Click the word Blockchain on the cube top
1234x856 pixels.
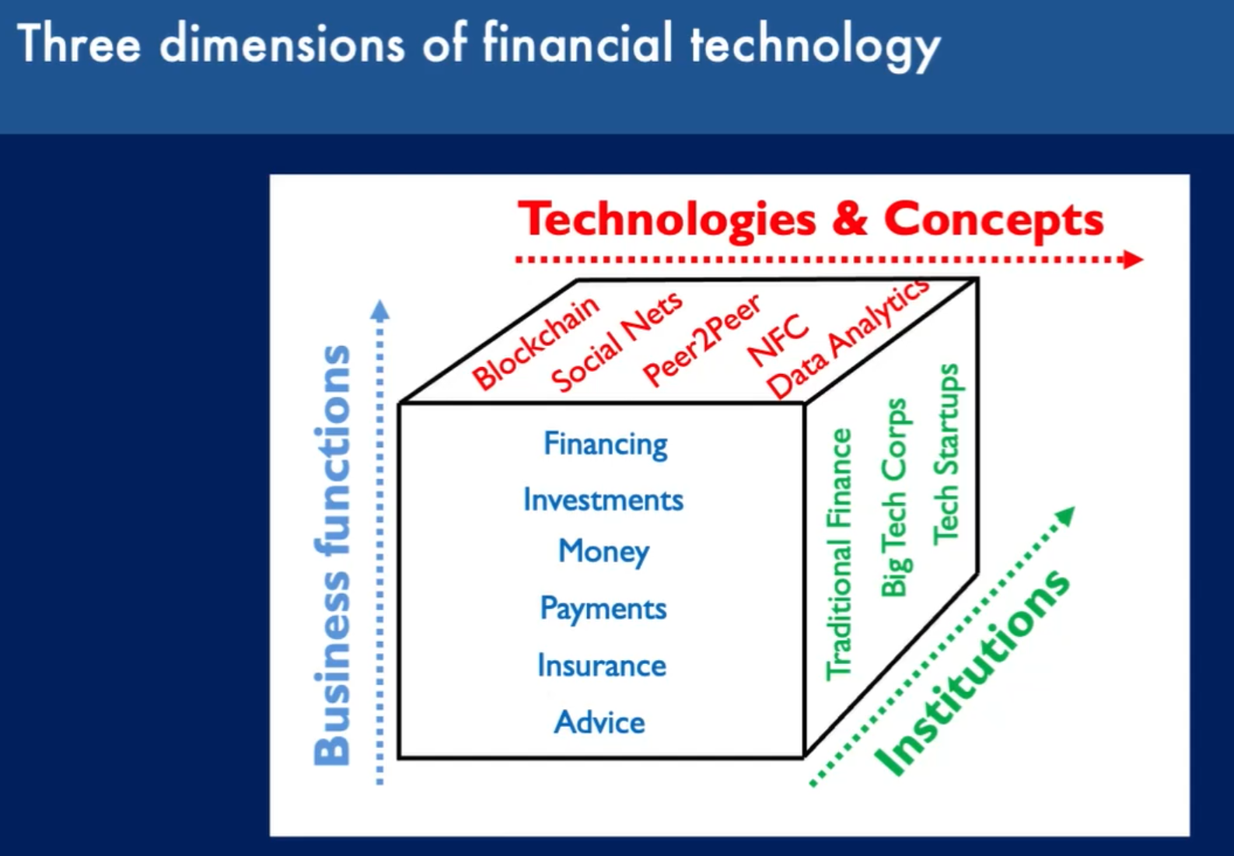coord(536,343)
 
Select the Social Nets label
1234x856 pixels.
coord(617,341)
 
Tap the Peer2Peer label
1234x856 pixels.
coord(702,341)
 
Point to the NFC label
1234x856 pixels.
coord(778,341)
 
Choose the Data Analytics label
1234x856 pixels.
coord(848,338)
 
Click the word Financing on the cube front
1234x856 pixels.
coord(606,445)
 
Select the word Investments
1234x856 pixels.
coord(603,500)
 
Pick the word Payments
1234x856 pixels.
coord(603,610)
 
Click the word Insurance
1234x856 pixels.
coord(602,665)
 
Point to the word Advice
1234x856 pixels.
coord(600,722)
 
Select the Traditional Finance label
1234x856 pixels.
coord(838,554)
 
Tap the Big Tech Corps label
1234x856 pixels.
coord(895,498)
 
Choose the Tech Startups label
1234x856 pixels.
coord(946,455)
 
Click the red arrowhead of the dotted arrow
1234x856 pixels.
coord(1133,260)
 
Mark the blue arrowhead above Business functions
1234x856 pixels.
coord(379,310)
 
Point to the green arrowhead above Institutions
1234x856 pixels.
coord(1065,515)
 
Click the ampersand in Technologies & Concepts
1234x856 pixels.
coord(850,220)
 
